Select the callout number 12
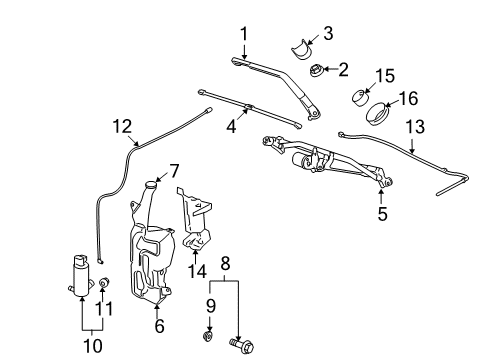[x=121, y=126]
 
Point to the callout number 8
[x=226, y=264]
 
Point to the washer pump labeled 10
[x=77, y=274]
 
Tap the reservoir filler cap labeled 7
[x=152, y=184]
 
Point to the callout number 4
[x=232, y=128]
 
